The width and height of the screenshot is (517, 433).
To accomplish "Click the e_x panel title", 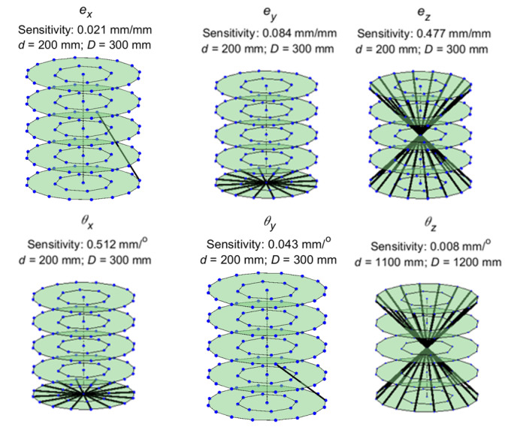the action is tap(86, 12).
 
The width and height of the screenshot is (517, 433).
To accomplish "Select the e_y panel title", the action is tap(270, 14).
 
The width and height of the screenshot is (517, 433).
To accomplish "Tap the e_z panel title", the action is tap(424, 14).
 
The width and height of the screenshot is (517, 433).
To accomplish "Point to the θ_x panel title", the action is tap(87, 223).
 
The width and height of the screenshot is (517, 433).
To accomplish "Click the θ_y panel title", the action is tap(270, 223).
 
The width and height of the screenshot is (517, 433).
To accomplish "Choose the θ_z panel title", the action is tap(431, 224).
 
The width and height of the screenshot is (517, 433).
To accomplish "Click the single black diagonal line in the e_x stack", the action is tap(119, 146).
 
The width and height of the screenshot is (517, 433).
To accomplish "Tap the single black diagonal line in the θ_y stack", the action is tap(301, 382).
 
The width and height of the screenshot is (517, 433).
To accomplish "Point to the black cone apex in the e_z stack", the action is tap(420, 131).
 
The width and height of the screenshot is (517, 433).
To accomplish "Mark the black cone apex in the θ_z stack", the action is tap(427, 343).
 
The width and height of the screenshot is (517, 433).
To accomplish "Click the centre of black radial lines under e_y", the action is tap(267, 182).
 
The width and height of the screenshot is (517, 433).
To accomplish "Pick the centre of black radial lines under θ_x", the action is tap(83, 393).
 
